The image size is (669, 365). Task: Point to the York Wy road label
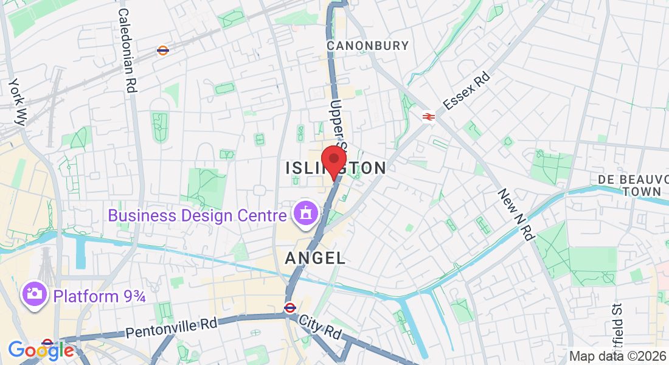pos(16,102)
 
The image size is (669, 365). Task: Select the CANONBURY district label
pos(367,46)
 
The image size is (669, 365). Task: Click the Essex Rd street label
pos(466,92)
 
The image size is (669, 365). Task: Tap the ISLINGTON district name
pos(336,169)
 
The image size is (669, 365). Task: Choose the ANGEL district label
pos(315,258)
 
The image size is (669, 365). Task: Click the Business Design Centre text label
pos(197,215)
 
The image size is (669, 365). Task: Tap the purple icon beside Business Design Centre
pos(303,214)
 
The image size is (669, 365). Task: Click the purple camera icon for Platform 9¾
pos(34,295)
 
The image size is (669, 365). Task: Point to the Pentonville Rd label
pos(171,328)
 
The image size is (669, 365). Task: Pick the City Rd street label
pos(319,328)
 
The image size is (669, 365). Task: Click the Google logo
pos(41,350)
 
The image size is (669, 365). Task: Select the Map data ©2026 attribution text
pos(617,356)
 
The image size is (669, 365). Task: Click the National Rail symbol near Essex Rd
pos(429,116)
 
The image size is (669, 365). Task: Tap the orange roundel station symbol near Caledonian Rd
pos(162,50)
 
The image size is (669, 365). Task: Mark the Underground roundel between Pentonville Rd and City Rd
pos(290,308)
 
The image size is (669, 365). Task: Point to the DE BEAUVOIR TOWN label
pos(629,185)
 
